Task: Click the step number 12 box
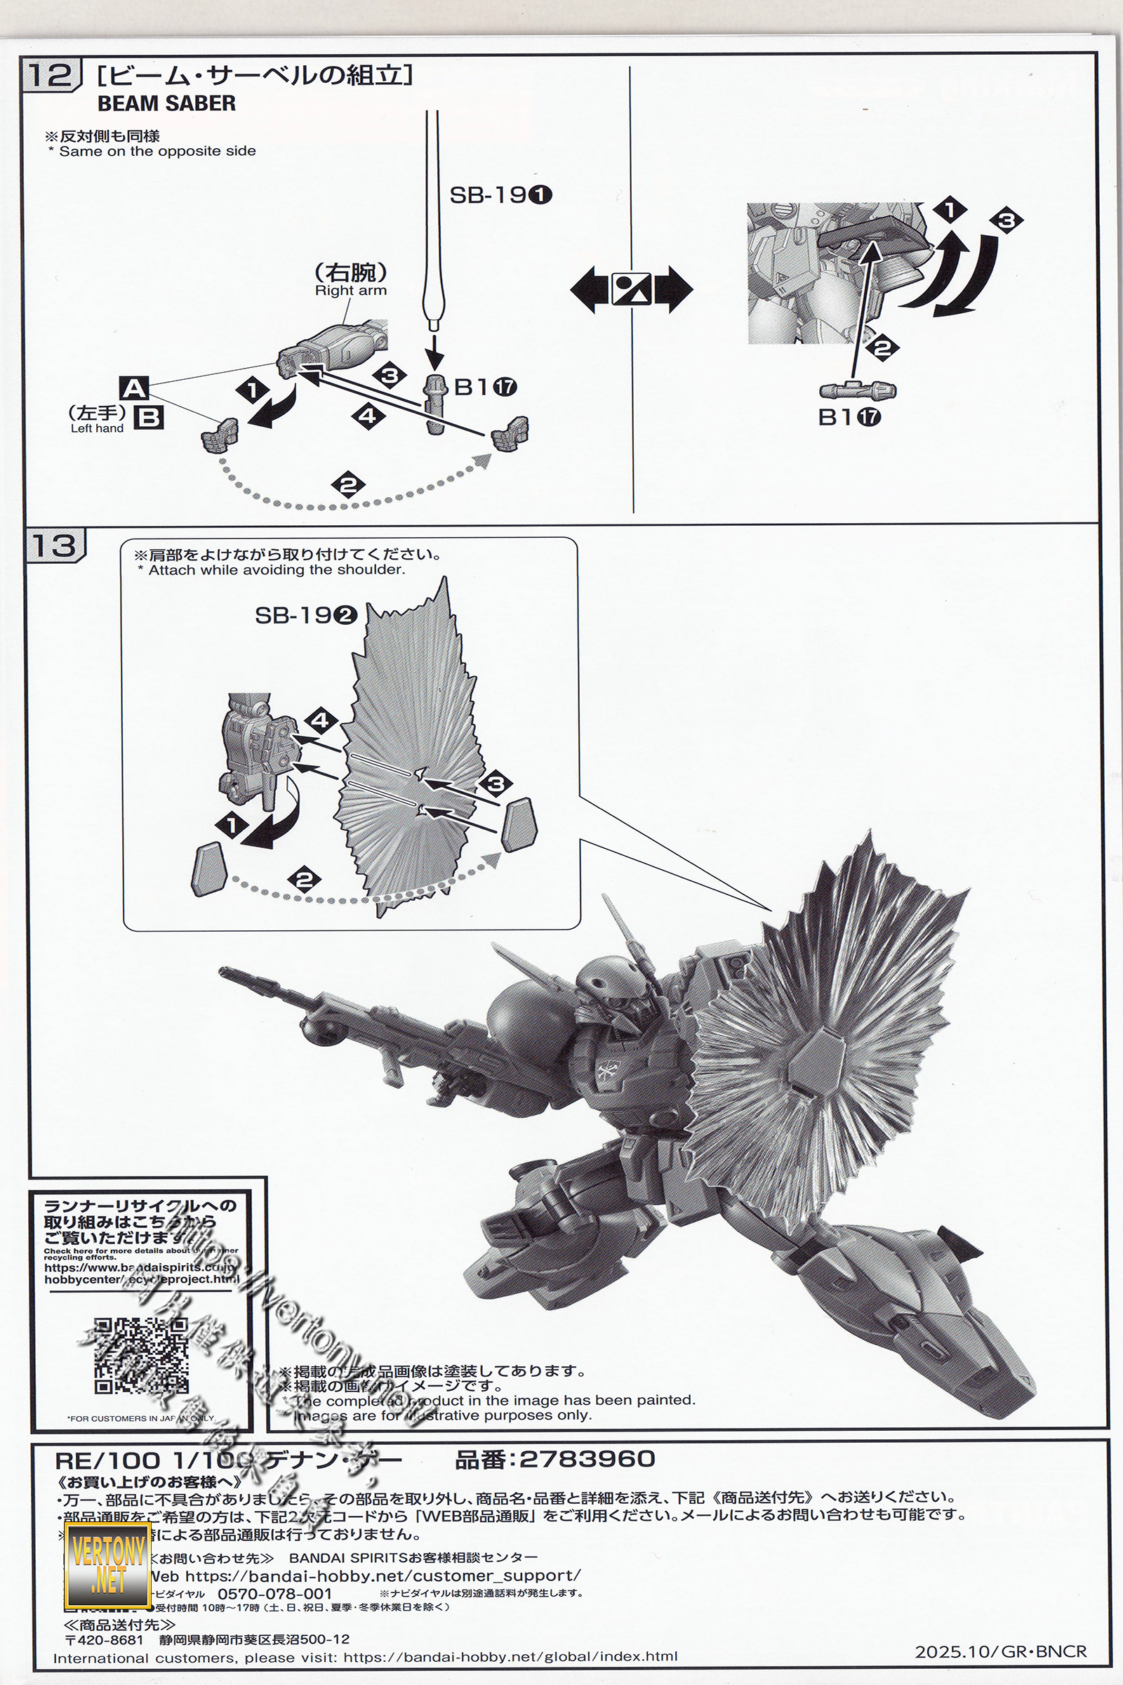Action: (49, 76)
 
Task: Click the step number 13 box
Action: (55, 546)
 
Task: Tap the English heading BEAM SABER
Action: (166, 103)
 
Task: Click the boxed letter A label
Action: (135, 389)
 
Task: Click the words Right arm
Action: (350, 291)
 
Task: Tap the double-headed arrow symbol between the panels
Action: (632, 289)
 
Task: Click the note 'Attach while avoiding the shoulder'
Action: (277, 570)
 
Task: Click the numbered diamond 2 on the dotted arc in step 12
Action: (349, 485)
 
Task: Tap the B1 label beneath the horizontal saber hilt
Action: (849, 417)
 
